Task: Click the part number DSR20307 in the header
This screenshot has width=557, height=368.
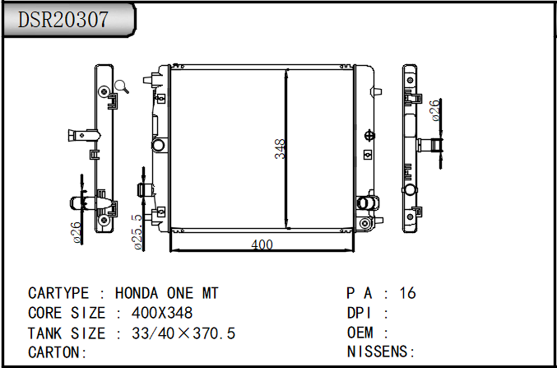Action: pos(63,20)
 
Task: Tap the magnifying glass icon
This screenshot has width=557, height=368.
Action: pos(121,86)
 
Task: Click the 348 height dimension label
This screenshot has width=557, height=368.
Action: pos(280,149)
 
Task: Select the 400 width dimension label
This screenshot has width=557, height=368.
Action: pos(262,245)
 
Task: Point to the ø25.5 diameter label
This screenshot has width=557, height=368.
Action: pos(138,232)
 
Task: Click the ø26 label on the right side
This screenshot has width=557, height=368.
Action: pos(435,110)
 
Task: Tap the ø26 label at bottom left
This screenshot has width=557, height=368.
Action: pos(77,232)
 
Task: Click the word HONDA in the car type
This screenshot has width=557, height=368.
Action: pos(137,293)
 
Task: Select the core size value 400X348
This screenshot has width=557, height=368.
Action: pos(162,313)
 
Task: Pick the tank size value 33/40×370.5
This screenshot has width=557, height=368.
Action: pos(183,333)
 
